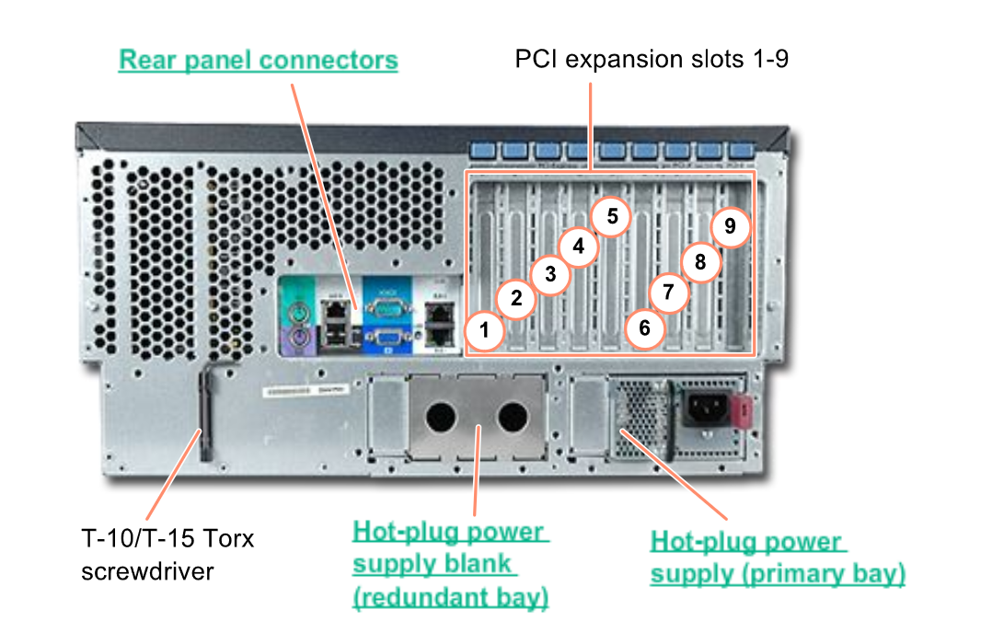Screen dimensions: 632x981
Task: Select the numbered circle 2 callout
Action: [x=516, y=298]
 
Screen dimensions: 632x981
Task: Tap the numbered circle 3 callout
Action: [x=550, y=274]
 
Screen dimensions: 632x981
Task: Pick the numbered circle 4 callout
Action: [x=578, y=247]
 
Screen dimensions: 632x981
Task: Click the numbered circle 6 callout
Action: [x=644, y=328]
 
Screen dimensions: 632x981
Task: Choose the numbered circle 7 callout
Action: [x=668, y=293]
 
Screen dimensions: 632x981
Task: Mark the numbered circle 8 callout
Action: [x=700, y=262]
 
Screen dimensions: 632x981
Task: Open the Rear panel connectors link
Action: [x=259, y=61]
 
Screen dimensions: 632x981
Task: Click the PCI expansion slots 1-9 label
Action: [x=652, y=61]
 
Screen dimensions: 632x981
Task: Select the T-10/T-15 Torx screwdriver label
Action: [x=167, y=554]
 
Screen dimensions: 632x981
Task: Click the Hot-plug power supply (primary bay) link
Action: [x=778, y=557]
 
